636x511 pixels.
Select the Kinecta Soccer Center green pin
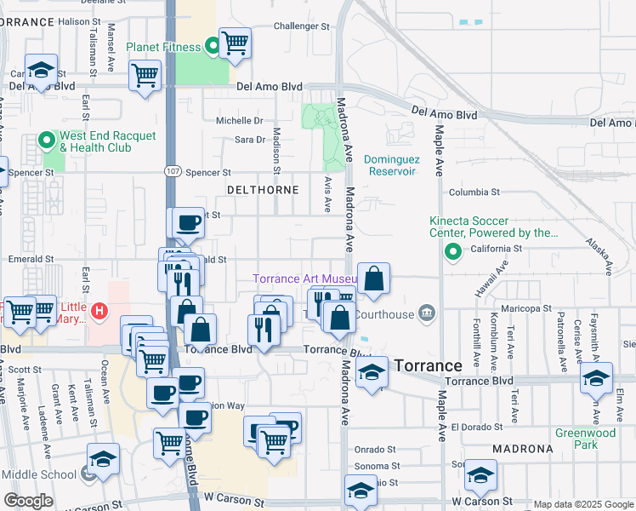click(453, 250)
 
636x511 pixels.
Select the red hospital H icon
click(99, 312)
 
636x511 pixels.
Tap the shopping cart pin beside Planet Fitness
click(235, 43)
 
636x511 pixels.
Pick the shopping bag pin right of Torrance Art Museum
click(373, 278)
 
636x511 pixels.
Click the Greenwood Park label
click(585, 438)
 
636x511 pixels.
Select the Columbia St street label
click(474, 192)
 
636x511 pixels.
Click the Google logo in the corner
click(29, 501)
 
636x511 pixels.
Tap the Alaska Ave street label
click(599, 256)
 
